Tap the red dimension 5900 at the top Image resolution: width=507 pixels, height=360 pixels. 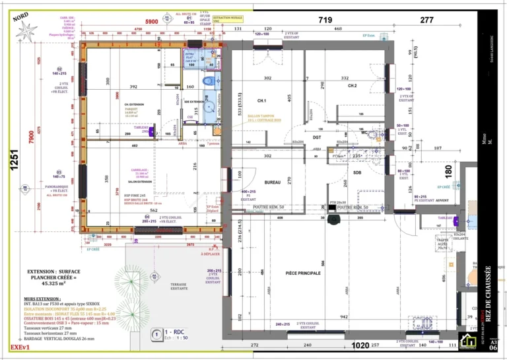tap(152, 22)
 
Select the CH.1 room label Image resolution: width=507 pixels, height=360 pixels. tap(261, 100)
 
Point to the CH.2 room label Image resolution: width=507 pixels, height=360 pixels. tap(352, 86)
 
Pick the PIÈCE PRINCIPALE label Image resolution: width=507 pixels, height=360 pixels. tap(302, 272)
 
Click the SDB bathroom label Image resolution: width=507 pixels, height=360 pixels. tap(357, 172)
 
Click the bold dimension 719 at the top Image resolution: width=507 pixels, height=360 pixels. tap(325, 21)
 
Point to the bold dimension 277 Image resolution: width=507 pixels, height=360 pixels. tap(427, 21)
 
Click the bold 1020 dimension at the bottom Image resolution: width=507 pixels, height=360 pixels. tap(360, 345)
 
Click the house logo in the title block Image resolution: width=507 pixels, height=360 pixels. tap(469, 342)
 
